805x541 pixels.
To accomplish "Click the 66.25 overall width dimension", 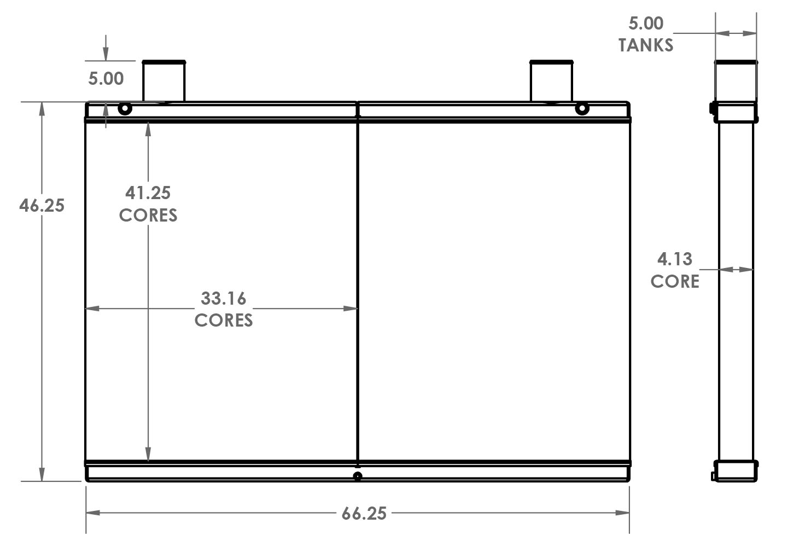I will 364,513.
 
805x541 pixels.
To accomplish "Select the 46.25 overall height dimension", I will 42,206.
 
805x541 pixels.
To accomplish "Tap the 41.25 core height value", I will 148,193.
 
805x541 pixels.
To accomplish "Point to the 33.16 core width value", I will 224,298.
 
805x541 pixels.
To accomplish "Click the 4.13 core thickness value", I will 675,259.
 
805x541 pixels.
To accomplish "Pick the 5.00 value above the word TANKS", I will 646,24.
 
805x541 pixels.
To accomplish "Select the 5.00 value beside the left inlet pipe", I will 106,79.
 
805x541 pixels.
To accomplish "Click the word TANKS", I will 646,45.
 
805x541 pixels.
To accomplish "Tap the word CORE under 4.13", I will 675,281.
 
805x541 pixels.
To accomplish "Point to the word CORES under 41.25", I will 148,215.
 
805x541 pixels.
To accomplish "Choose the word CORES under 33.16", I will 224,320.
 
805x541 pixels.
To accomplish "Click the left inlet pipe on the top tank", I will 164,81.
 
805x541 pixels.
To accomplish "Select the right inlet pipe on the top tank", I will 551,81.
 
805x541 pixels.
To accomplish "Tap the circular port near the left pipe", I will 125,108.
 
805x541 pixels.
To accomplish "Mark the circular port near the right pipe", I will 582,108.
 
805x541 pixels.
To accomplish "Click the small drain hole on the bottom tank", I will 358,476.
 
